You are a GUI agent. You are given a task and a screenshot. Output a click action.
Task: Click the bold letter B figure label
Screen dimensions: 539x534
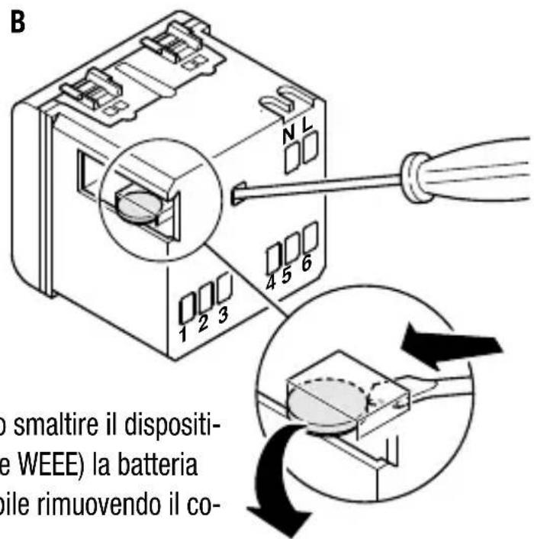pos(17,21)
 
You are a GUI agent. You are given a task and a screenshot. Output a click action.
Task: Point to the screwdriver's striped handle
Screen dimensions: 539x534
pos(473,172)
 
